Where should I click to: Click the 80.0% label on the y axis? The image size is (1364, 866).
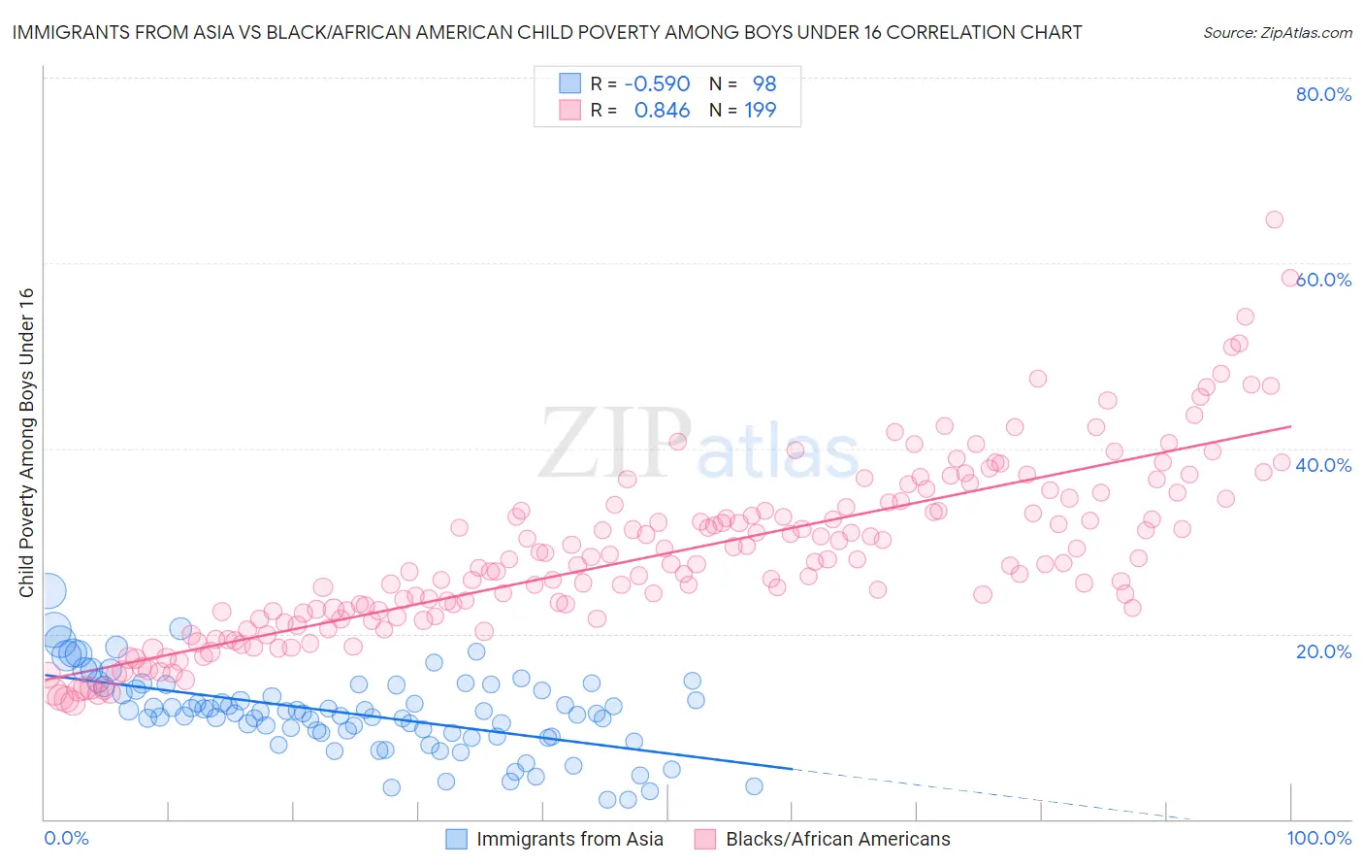tap(1323, 94)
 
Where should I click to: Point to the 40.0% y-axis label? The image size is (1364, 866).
tap(1323, 465)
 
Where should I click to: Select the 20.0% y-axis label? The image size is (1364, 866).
tap(1323, 650)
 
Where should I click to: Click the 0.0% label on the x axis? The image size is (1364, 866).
tap(66, 838)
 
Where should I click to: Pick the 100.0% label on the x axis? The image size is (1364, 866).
tap(1319, 838)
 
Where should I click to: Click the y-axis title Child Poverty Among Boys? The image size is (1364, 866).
tap(26, 443)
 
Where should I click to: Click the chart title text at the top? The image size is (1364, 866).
tap(547, 32)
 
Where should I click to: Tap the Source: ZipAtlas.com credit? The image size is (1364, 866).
tap(1277, 32)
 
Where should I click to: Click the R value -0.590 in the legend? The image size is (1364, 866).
tap(657, 84)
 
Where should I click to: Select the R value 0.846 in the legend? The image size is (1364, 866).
tap(662, 111)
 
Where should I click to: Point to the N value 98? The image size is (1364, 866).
tap(764, 84)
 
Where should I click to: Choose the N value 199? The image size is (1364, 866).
tap(760, 111)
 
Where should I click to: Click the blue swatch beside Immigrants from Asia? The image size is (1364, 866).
tap(457, 839)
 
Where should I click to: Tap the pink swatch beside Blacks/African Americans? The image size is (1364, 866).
tap(705, 839)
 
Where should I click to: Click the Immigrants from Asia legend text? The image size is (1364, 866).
tap(570, 839)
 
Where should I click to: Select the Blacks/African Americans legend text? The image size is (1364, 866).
tap(838, 839)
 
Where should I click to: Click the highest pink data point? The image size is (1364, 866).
tap(1274, 219)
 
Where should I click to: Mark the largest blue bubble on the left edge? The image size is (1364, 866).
tap(49, 590)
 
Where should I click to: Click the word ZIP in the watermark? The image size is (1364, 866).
tap(613, 444)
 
